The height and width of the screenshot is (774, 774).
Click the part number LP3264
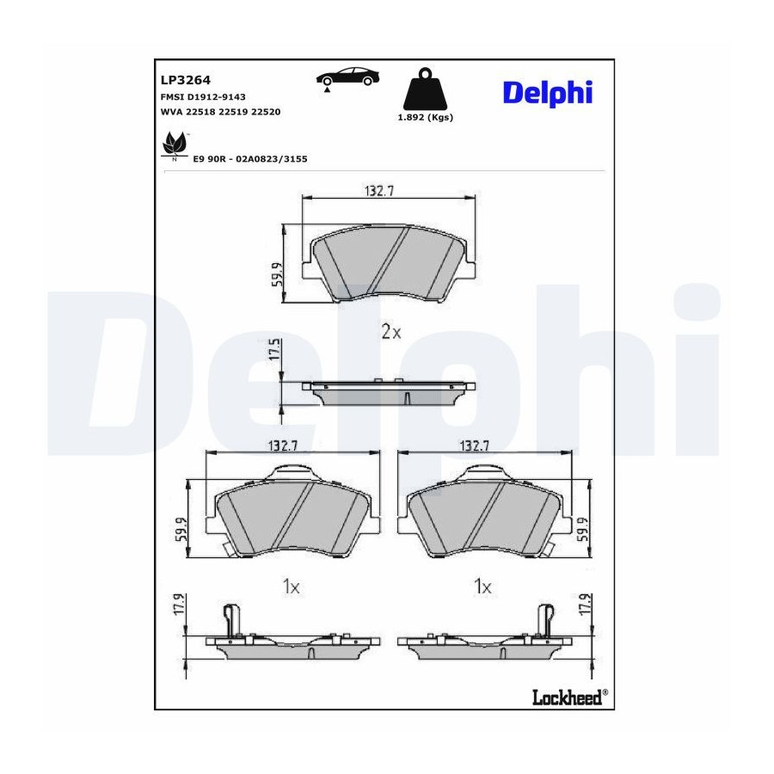[x=186, y=80]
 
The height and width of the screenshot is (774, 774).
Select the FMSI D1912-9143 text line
[x=203, y=96]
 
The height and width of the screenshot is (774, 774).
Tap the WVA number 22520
[x=266, y=112]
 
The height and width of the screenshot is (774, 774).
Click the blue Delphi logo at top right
[x=548, y=93]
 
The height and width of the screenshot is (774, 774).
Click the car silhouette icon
[x=348, y=78]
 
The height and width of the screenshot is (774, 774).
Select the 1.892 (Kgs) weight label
[x=425, y=118]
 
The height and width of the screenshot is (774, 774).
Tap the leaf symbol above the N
[x=175, y=143]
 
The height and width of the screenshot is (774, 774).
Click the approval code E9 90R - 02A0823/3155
[x=249, y=159]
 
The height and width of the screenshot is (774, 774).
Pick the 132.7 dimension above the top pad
[x=379, y=191]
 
